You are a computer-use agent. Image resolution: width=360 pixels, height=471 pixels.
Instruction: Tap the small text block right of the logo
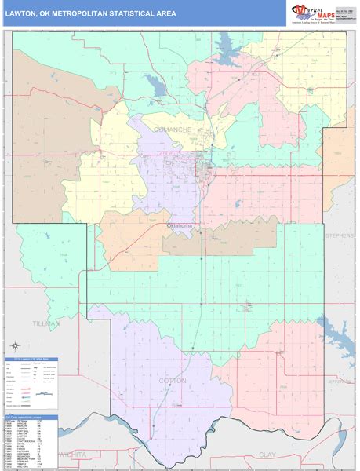(x=345, y=11)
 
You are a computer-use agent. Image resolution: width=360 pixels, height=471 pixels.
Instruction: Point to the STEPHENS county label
(x=341, y=235)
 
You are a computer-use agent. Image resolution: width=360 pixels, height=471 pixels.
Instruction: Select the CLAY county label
(x=267, y=455)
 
